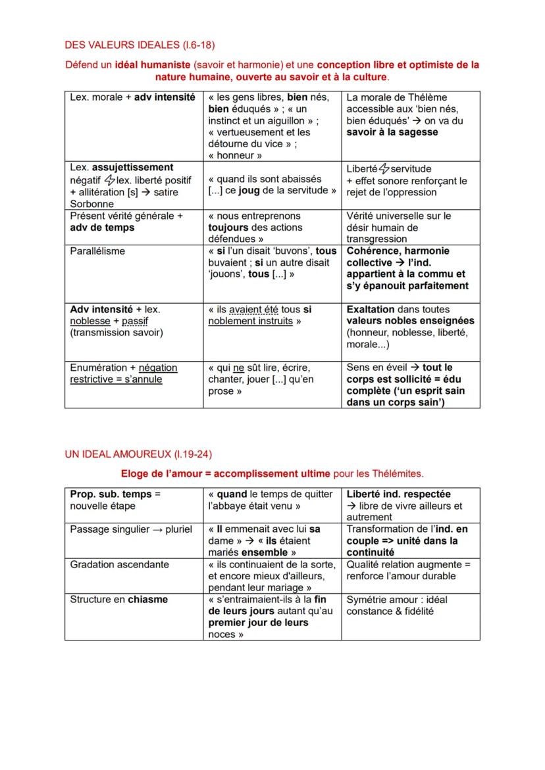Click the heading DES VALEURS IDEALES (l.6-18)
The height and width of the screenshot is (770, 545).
pyautogui.click(x=140, y=45)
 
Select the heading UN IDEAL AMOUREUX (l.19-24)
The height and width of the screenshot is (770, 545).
pyautogui.click(x=138, y=454)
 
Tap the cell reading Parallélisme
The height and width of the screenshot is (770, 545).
pyautogui.click(x=97, y=251)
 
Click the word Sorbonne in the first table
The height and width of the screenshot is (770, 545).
pyautogui.click(x=92, y=204)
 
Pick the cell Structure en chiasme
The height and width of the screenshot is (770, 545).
pyautogui.click(x=119, y=599)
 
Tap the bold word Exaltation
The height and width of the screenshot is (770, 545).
pyautogui.click(x=371, y=309)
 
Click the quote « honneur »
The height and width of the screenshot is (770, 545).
pyautogui.click(x=235, y=155)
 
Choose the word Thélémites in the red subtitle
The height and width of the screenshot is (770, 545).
pyautogui.click(x=398, y=473)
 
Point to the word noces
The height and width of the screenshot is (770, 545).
pyautogui.click(x=221, y=635)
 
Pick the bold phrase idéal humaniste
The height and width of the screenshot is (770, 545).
pyautogui.click(x=154, y=65)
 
